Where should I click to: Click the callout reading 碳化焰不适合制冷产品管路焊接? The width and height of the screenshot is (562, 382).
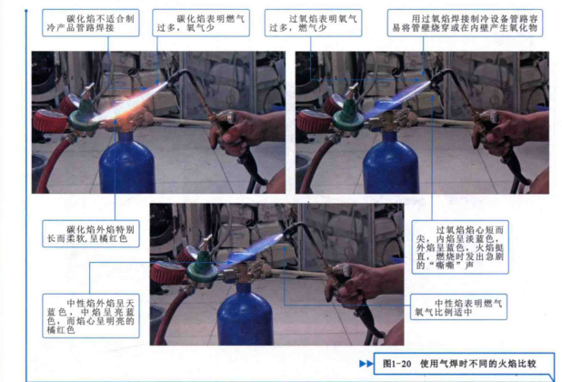(91, 23)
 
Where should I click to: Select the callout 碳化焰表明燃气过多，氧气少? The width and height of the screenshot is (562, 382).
(201, 23)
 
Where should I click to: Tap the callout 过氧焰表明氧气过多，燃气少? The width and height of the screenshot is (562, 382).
(313, 23)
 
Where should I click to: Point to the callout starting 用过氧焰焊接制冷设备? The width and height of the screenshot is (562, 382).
(465, 23)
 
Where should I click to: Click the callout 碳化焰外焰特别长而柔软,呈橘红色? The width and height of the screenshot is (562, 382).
(91, 234)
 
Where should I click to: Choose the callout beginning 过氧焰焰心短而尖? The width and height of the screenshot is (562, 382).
(460, 247)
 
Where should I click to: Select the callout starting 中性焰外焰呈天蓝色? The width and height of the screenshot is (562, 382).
(91, 316)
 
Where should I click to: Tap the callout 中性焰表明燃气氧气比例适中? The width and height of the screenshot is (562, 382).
(458, 307)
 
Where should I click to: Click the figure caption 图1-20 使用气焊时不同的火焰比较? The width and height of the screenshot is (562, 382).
(459, 364)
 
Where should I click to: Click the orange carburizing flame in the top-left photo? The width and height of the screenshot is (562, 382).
(131, 102)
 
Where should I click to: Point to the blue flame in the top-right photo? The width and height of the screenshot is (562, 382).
(397, 100)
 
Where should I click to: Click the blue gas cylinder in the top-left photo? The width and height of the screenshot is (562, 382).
(127, 163)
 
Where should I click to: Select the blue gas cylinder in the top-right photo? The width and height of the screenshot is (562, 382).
(391, 163)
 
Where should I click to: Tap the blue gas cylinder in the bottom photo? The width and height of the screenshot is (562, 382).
(246, 316)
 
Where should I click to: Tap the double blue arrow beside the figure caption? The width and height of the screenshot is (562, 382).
(366, 364)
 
